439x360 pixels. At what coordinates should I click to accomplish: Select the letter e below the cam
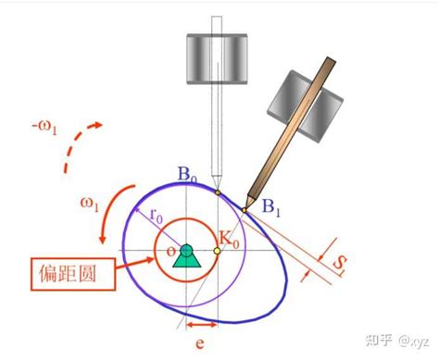(200, 343)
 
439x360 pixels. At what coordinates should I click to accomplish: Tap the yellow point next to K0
(217, 250)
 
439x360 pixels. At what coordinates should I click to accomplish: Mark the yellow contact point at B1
(245, 210)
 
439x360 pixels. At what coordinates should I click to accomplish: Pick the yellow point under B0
(216, 192)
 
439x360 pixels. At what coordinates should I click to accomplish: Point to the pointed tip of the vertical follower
(216, 184)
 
